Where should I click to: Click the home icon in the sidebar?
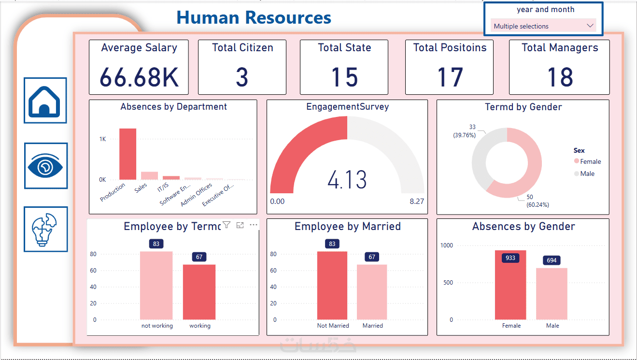pyautogui.click(x=45, y=101)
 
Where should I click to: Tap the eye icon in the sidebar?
pyautogui.click(x=46, y=166)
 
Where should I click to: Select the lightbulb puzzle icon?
pyautogui.click(x=45, y=230)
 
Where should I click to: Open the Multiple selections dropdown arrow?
pyautogui.click(x=590, y=26)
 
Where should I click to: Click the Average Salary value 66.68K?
pyautogui.click(x=139, y=77)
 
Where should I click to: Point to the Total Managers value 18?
pyautogui.click(x=560, y=77)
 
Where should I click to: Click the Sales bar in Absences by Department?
pyautogui.click(x=149, y=175)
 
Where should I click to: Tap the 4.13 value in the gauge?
pyautogui.click(x=347, y=179)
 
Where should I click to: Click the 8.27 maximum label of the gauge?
pyautogui.click(x=416, y=201)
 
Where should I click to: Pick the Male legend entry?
pyautogui.click(x=587, y=173)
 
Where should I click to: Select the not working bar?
pyautogui.click(x=156, y=285)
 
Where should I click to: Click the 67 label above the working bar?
pyautogui.click(x=199, y=257)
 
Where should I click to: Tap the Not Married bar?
pyautogui.click(x=332, y=285)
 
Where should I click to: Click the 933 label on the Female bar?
pyautogui.click(x=510, y=258)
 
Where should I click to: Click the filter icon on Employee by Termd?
pyautogui.click(x=226, y=225)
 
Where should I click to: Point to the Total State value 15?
pyautogui.click(x=344, y=77)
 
